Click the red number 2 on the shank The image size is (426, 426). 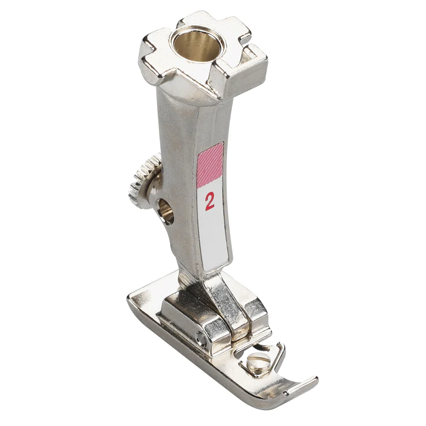point(209,201)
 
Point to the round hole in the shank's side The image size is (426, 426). point(166,210)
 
